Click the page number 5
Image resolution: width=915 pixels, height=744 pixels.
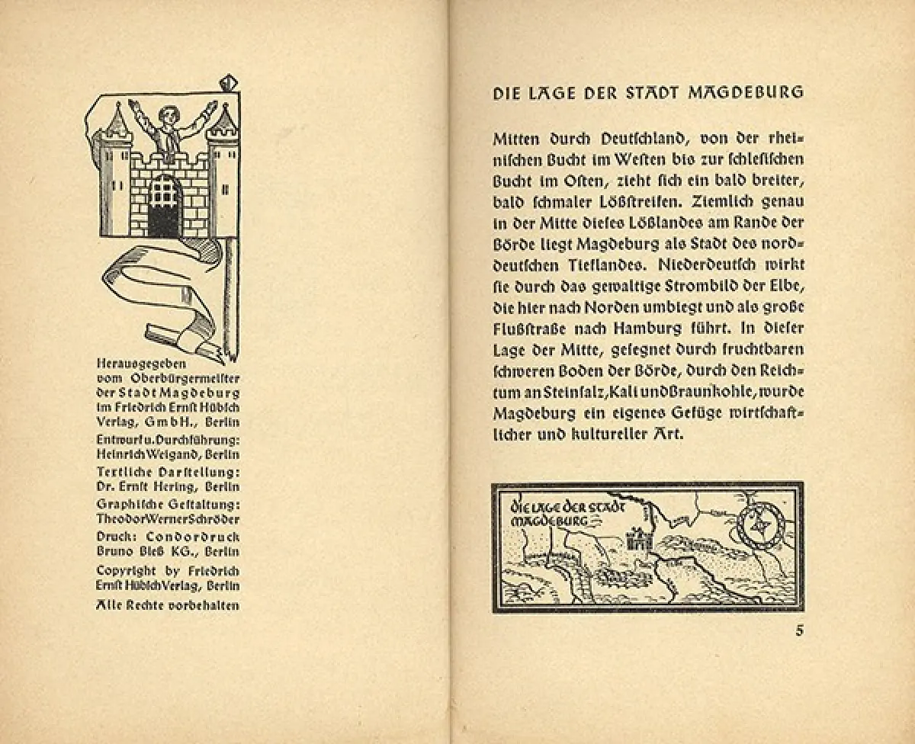click(799, 630)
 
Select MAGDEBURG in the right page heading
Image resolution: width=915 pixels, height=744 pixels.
click(746, 93)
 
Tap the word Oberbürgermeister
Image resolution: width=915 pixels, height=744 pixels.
click(182, 378)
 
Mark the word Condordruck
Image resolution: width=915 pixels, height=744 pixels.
click(190, 536)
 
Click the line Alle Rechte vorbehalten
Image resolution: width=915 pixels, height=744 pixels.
click(168, 605)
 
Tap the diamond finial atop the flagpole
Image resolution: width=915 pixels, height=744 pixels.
click(228, 82)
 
